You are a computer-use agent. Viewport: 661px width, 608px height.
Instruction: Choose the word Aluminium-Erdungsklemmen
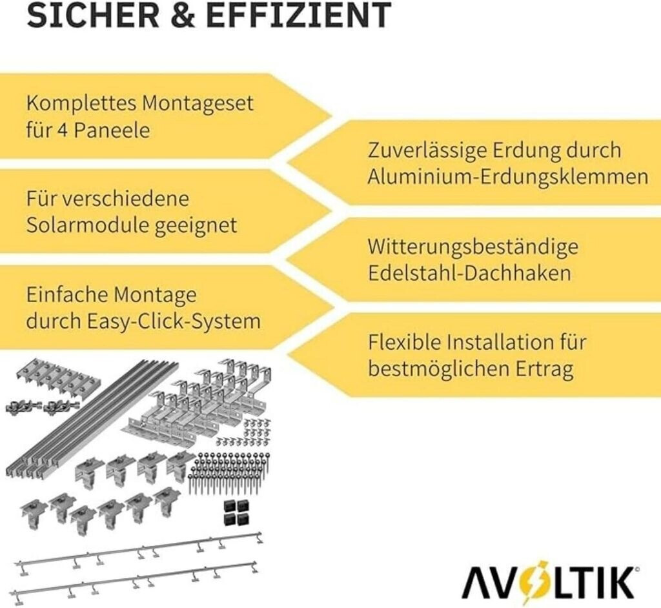(507, 177)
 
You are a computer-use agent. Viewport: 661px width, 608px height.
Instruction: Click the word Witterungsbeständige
(473, 247)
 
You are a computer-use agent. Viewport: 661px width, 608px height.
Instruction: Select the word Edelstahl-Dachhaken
(469, 273)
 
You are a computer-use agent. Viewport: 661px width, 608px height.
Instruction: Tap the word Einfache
(66, 295)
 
